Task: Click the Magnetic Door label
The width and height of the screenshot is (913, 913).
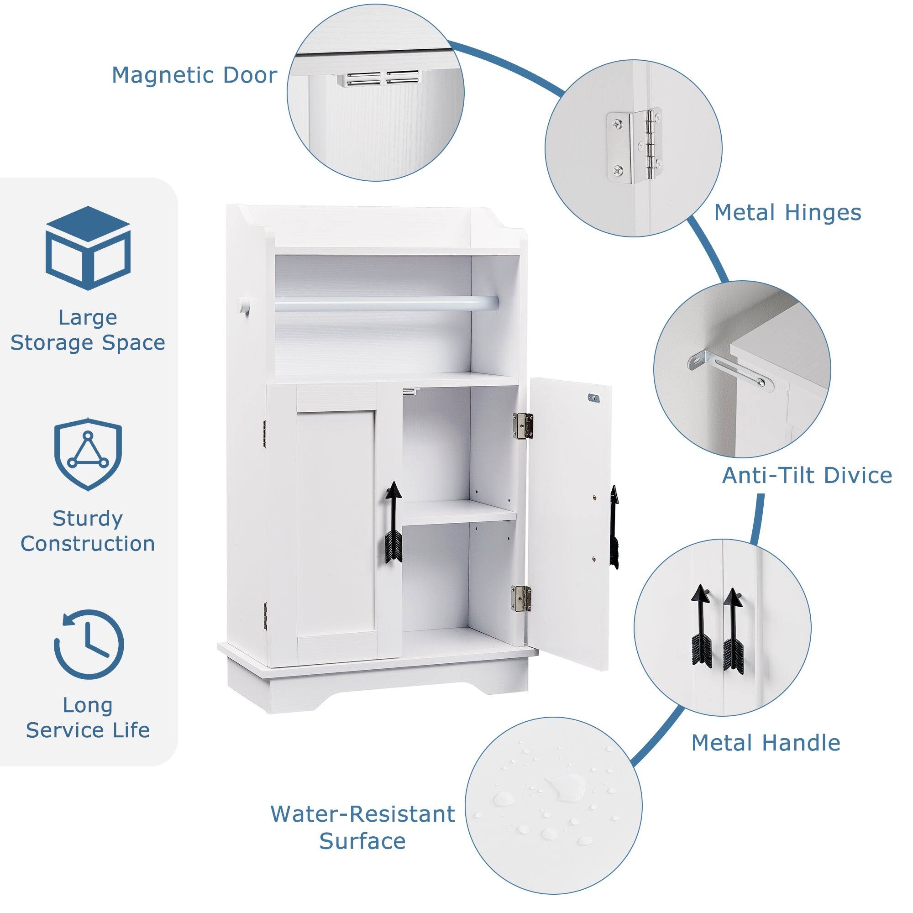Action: coord(194,76)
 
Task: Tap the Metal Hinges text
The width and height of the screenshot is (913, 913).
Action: coord(787,213)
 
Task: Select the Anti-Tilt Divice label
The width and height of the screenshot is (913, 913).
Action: coord(807,475)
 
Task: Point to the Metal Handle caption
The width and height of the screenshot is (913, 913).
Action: coord(766,743)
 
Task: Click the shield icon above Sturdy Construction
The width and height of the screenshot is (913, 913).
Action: coord(88,454)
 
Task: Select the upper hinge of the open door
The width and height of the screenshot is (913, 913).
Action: coord(523,426)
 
